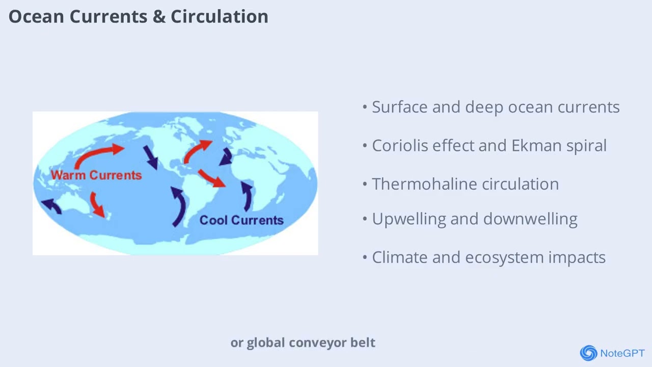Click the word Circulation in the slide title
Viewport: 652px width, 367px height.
coord(219,16)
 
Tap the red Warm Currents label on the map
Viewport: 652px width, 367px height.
coord(96,175)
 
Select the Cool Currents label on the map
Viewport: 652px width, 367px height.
coord(241,220)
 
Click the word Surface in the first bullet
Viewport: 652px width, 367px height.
coord(399,107)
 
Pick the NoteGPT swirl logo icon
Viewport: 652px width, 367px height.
coord(588,353)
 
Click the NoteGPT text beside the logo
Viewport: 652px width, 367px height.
coord(622,353)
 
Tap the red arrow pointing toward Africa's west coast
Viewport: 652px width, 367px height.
coord(211,178)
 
